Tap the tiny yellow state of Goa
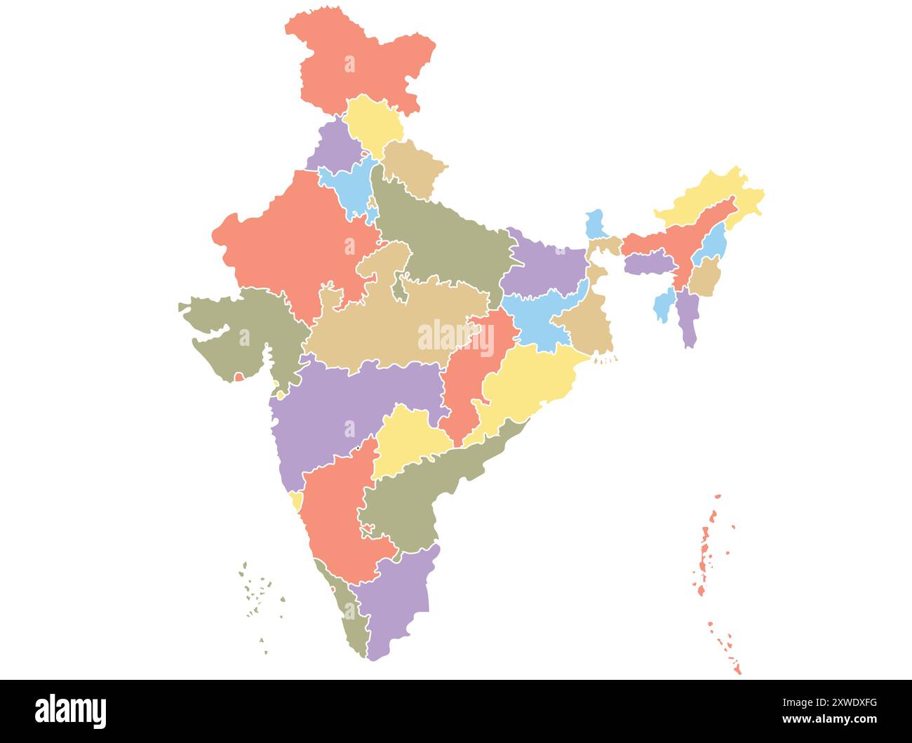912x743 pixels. (297, 500)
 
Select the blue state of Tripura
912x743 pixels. (662, 306)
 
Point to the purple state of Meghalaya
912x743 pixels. (647, 264)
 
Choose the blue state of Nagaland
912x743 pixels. (716, 243)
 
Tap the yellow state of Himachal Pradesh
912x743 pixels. (374, 123)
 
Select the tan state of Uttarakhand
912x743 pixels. (414, 168)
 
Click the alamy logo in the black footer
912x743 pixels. (71, 711)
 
